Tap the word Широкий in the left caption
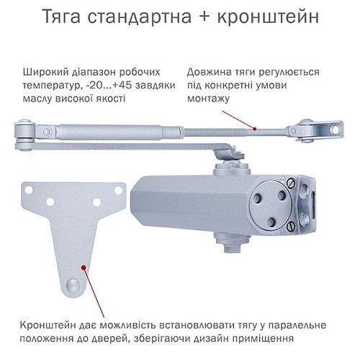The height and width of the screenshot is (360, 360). pos(45,72)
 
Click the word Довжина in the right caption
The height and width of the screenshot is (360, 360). pos(210,72)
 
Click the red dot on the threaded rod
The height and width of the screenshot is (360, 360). pos(254,127)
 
